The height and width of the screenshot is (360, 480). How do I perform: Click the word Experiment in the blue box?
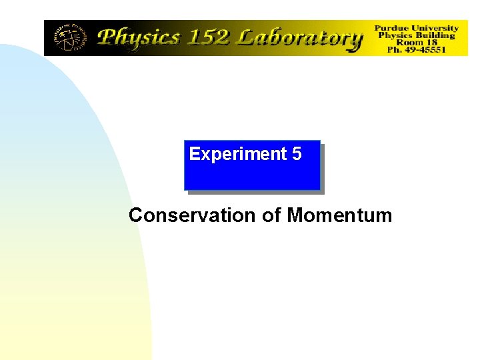[x=238, y=154]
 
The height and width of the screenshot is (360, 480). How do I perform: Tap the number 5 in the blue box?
[x=297, y=154]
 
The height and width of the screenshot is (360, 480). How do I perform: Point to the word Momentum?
[x=339, y=215]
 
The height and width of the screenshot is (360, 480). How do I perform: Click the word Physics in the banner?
[x=140, y=37]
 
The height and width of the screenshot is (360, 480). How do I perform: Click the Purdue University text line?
[x=417, y=28]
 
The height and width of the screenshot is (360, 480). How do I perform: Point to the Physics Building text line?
[x=417, y=35]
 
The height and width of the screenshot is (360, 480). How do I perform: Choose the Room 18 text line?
[x=417, y=43]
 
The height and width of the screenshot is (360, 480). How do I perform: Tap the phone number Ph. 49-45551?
[x=417, y=50]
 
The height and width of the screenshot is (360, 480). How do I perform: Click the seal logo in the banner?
[x=69, y=38]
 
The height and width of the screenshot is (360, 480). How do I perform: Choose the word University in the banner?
[x=435, y=28]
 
